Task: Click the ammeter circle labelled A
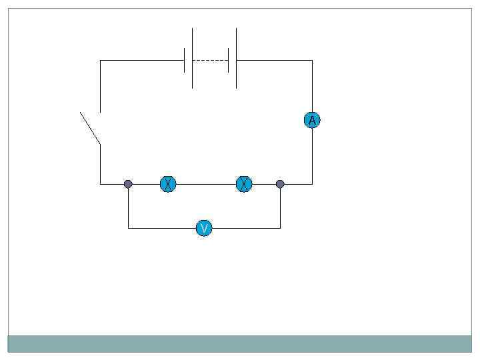(x=312, y=120)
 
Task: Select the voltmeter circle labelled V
(x=205, y=229)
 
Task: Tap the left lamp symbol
(x=168, y=184)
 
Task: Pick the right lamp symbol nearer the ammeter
(x=245, y=184)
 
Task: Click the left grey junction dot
(x=128, y=184)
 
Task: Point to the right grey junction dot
(x=280, y=184)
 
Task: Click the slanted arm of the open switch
(x=90, y=128)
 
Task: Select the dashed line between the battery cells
(x=210, y=60)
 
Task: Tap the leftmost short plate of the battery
(x=184, y=60)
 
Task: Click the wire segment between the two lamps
(x=207, y=184)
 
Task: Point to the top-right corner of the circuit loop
(x=312, y=60)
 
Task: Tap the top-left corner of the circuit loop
(x=100, y=60)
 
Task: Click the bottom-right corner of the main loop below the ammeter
(x=312, y=184)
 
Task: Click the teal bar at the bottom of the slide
(x=240, y=343)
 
